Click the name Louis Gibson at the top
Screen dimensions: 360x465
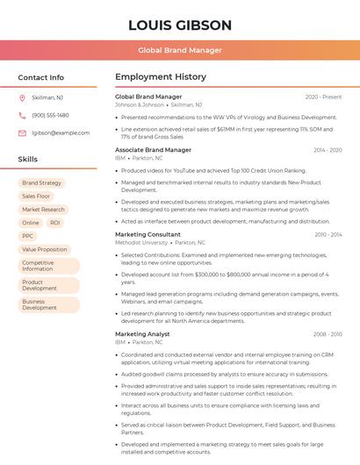coord(179,25)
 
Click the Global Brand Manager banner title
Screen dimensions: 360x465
coord(179,50)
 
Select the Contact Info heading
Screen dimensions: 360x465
coord(41,77)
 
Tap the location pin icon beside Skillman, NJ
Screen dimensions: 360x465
coord(22,97)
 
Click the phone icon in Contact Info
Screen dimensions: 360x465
coord(22,115)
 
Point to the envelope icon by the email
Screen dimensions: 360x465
coord(22,133)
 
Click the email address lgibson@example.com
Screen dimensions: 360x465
coord(61,133)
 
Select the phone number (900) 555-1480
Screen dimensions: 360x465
coord(50,115)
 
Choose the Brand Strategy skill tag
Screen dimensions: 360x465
coord(41,183)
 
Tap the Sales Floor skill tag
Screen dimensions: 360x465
coord(36,197)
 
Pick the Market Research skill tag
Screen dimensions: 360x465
coord(43,210)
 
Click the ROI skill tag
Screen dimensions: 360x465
coord(55,223)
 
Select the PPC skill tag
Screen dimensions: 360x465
coord(28,236)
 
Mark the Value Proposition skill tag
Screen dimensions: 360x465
coord(45,249)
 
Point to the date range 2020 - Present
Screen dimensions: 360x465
coord(323,97)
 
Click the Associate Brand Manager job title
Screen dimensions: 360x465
coord(153,150)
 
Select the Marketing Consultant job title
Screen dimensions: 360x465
coord(148,235)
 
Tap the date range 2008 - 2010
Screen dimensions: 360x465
coord(328,334)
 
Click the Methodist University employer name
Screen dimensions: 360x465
coord(140,242)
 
